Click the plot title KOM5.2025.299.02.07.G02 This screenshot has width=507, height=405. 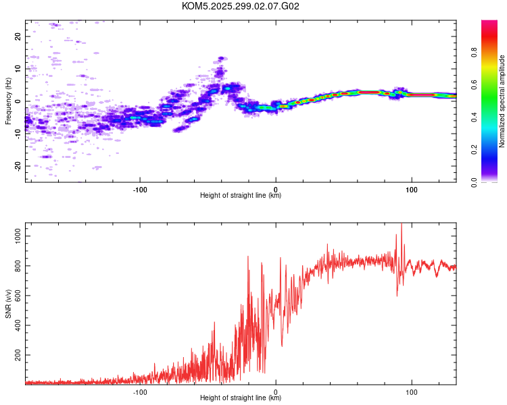click(x=240, y=6)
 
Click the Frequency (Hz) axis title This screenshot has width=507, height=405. click(x=8, y=101)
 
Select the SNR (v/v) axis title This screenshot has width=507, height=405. click(x=8, y=304)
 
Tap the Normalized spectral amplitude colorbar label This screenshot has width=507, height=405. click(x=502, y=101)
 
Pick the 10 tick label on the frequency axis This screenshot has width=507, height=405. click(x=18, y=69)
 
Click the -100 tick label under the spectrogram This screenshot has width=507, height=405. click(x=140, y=190)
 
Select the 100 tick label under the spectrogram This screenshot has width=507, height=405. click(x=411, y=190)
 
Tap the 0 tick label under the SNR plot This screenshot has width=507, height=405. click(x=276, y=392)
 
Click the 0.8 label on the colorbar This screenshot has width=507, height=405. click(x=474, y=53)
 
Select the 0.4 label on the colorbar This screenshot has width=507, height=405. click(x=474, y=117)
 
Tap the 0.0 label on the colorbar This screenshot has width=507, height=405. click(x=474, y=182)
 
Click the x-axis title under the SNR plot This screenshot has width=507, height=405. click(x=241, y=398)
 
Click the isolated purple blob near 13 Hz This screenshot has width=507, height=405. click(x=221, y=59)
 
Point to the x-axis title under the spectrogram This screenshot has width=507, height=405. click(x=241, y=195)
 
